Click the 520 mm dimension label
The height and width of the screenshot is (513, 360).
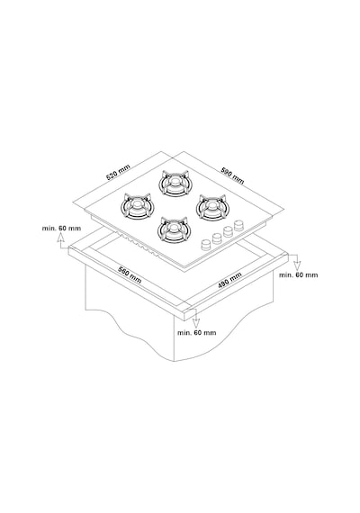coord(118,172)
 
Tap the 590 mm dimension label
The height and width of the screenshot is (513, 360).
coord(233,175)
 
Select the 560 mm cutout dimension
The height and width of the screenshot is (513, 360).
coord(130,275)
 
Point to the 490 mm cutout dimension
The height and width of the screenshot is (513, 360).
coord(229,280)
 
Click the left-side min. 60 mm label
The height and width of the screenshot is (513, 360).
coord(61,228)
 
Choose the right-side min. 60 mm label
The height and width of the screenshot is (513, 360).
coord(298,275)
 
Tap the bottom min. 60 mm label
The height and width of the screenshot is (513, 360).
coord(197,333)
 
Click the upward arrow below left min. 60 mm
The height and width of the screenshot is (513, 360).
coord(61,241)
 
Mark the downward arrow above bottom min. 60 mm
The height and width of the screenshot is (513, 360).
coord(195,319)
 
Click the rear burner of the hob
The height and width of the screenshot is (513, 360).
coord(174,184)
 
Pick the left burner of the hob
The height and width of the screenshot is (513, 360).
coord(137,206)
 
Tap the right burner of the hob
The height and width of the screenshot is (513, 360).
coord(212,207)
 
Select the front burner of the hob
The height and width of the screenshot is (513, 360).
coord(174,229)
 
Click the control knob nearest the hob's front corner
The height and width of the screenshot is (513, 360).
coord(206,245)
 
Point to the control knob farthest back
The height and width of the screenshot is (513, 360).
coord(239,225)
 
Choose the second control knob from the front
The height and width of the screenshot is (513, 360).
coord(217,238)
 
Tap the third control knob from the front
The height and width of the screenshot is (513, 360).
coord(228,231)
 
